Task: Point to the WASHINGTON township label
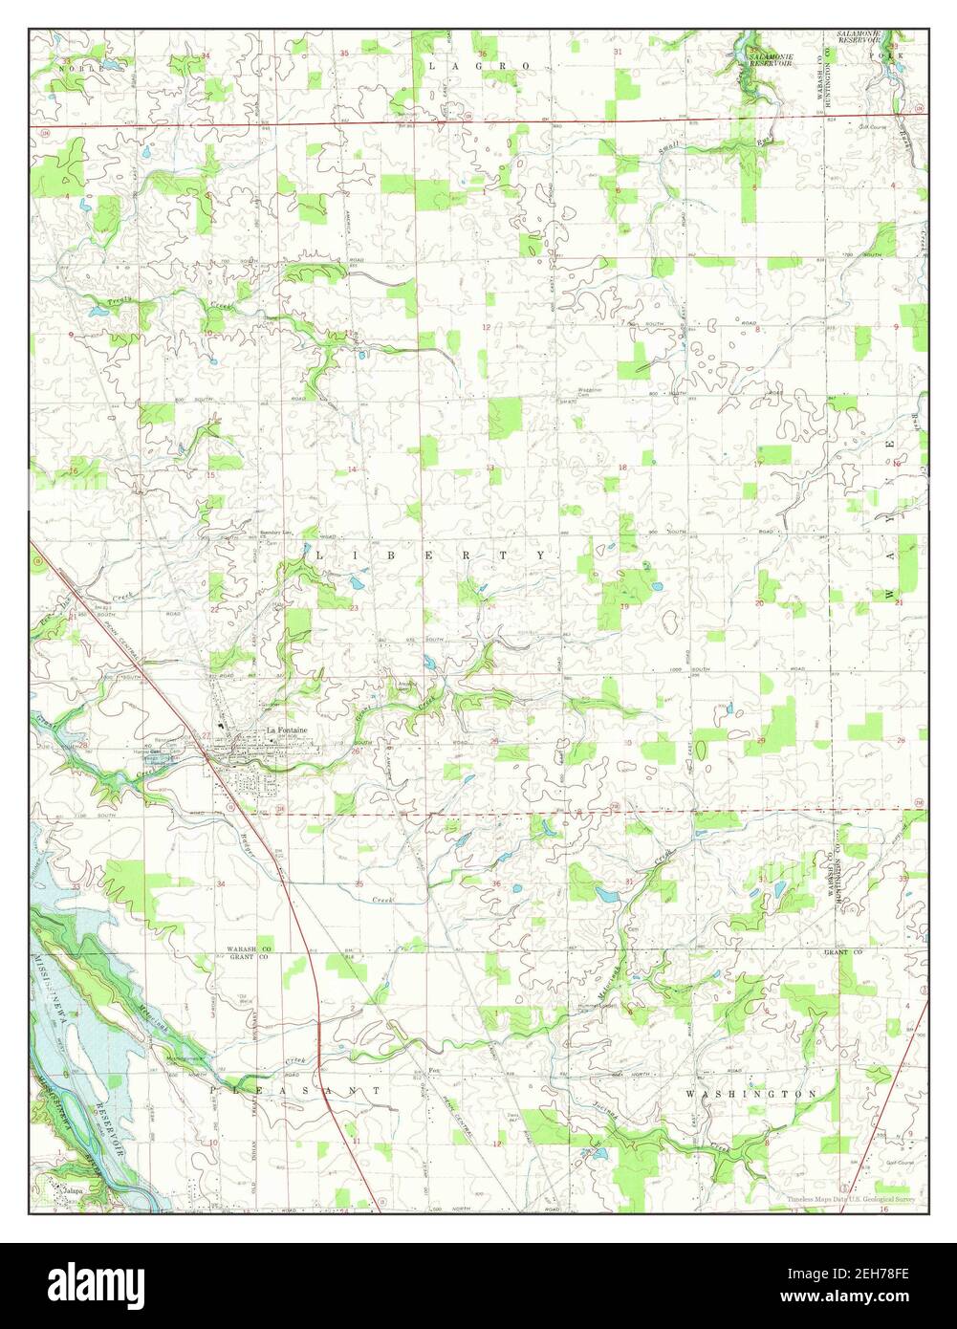tap(751, 1093)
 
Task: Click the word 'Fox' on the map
tap(432, 1070)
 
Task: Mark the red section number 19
tap(623, 606)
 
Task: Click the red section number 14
tap(352, 468)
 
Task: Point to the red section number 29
tap(760, 741)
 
